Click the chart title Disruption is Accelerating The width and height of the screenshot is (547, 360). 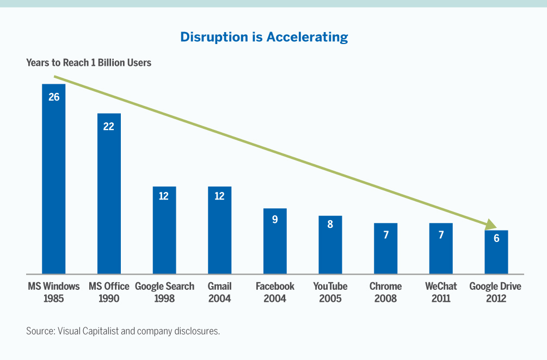click(264, 37)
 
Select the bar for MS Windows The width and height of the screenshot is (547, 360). click(53, 179)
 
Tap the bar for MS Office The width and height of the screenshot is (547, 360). click(109, 194)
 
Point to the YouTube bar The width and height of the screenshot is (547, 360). click(330, 245)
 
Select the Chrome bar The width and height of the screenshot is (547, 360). click(385, 249)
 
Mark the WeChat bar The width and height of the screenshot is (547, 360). click(441, 249)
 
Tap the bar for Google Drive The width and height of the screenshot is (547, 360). click(496, 252)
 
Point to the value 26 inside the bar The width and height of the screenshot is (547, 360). click(53, 97)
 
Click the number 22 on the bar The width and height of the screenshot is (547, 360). click(109, 127)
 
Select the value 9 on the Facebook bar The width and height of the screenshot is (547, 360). click(275, 221)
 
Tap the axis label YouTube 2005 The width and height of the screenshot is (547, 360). click(330, 292)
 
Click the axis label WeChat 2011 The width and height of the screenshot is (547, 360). click(441, 292)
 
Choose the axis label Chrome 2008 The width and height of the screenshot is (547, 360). click(385, 292)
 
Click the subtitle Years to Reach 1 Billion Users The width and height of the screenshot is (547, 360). click(89, 63)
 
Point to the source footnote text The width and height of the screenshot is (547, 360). click(123, 331)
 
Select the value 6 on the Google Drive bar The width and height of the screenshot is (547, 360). click(496, 238)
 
